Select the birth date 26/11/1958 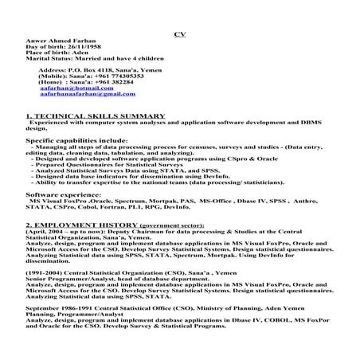click(86, 51)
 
